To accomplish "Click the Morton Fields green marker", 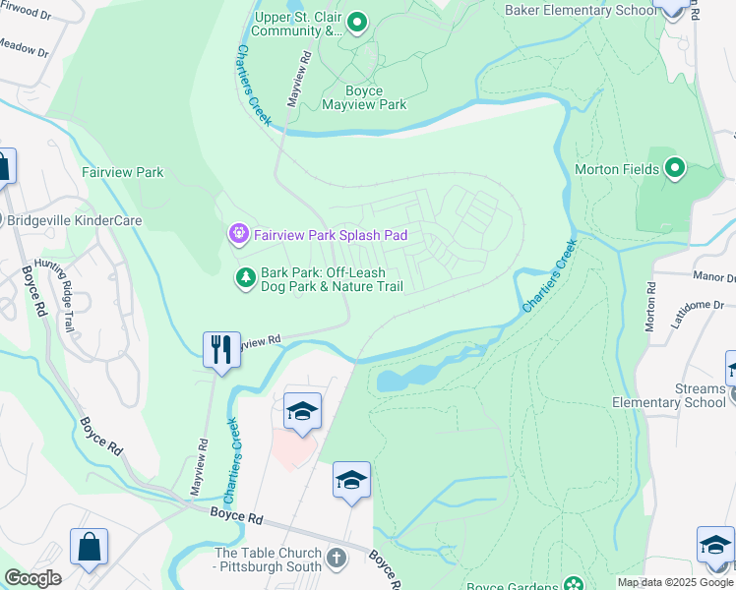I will coord(675,168).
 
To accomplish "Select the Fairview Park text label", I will coord(122,172).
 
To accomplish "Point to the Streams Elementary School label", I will coord(669,395).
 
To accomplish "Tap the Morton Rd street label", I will coord(651,308).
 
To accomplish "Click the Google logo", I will coord(32,577).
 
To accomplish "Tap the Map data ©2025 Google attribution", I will coord(675,582).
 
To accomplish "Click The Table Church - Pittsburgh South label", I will coord(269,560).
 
